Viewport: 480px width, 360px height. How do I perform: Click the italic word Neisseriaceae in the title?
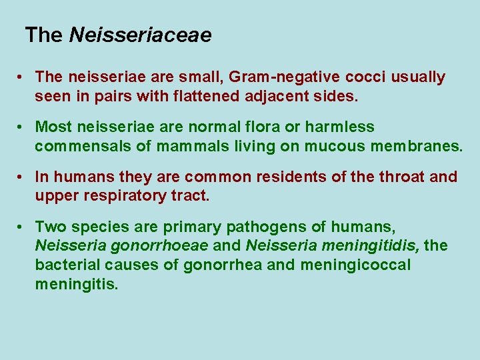[140, 35]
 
